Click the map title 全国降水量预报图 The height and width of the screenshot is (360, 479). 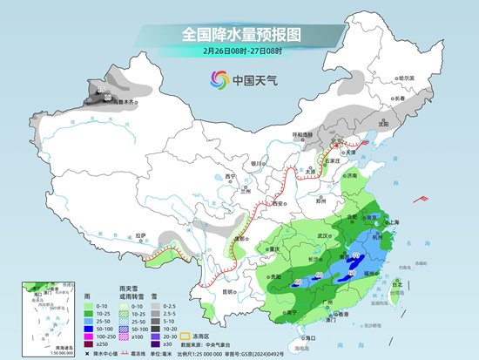[x=239, y=34]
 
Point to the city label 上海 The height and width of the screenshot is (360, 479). [x=391, y=222]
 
